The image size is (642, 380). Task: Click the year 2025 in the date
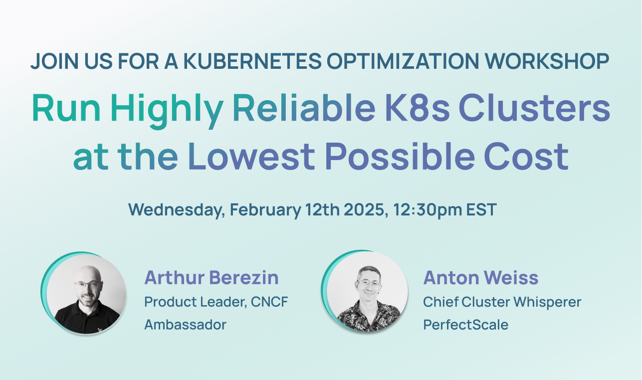[x=360, y=210]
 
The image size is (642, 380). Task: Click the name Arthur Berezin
[x=212, y=278]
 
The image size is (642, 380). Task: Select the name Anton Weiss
[x=481, y=278]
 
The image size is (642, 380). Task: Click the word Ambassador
[x=185, y=325]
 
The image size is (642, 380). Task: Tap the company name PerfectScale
[x=466, y=325]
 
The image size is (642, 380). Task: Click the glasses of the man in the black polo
[x=88, y=284]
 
